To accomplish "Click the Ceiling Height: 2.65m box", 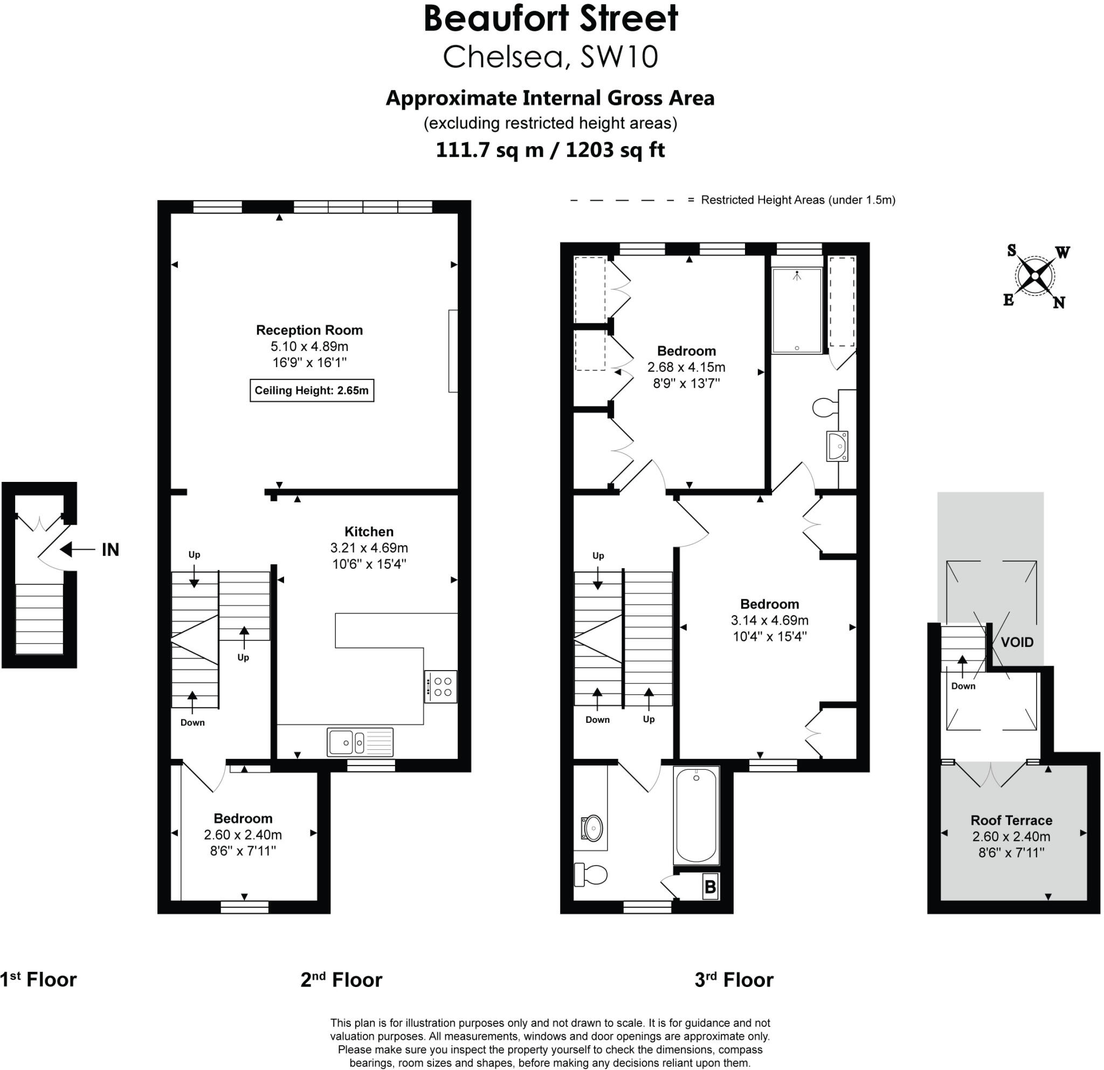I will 312,390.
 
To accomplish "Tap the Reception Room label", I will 309,330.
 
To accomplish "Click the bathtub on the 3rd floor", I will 696,816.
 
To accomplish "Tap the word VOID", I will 1017,642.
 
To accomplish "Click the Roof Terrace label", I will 1011,820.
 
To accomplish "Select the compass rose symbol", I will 1036,277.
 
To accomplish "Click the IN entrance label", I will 111,550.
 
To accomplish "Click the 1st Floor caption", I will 38,980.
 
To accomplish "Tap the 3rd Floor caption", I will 734,980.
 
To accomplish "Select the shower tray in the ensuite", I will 796,310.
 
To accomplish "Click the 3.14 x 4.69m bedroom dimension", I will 769,620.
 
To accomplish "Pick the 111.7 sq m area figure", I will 489,150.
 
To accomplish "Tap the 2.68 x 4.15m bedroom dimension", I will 686,367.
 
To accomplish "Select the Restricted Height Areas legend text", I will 798,200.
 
